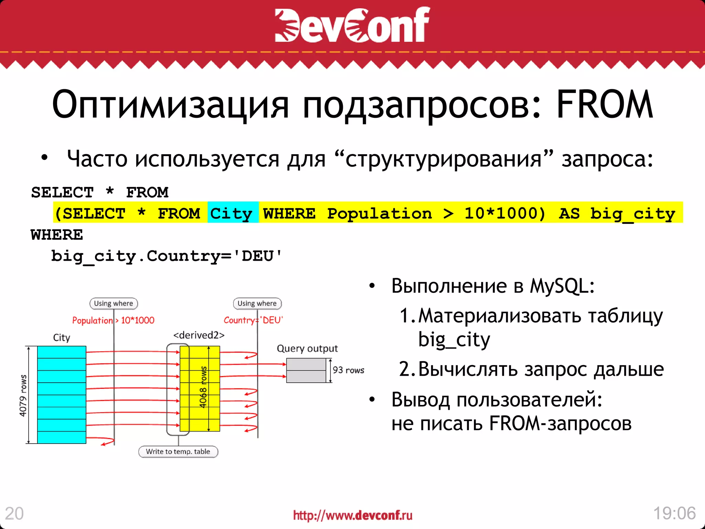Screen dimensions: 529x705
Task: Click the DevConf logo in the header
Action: click(x=352, y=25)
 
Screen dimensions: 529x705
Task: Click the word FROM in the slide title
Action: click(x=604, y=105)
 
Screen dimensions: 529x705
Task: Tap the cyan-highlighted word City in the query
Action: click(x=231, y=214)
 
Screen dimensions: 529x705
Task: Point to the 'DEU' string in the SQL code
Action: click(x=258, y=256)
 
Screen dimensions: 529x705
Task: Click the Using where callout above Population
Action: click(x=114, y=303)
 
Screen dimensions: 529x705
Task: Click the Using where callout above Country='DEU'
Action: click(x=257, y=303)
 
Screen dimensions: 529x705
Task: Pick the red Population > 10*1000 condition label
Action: click(x=113, y=321)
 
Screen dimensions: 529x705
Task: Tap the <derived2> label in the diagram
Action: click(x=199, y=335)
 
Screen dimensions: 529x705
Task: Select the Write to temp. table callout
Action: click(x=178, y=452)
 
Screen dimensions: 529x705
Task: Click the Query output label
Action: click(x=307, y=349)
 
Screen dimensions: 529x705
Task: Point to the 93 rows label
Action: click(x=348, y=370)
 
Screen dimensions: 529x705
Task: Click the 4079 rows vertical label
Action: click(x=23, y=395)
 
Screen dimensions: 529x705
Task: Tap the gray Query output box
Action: click(x=306, y=371)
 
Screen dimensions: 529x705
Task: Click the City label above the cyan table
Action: click(x=62, y=338)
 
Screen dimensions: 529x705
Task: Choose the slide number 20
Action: click(x=14, y=514)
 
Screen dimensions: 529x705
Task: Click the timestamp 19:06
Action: click(x=674, y=513)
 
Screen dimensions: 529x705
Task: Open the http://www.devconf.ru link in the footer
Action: click(x=352, y=516)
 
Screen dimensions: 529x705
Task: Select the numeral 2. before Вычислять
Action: click(x=408, y=369)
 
